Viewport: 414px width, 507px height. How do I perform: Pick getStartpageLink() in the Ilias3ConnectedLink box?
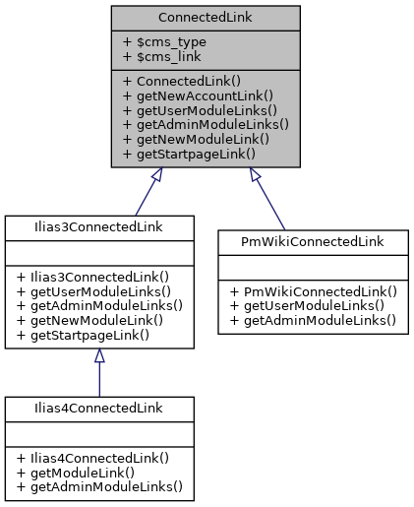[x=83, y=335]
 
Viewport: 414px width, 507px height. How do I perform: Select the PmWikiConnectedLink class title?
[x=312, y=241]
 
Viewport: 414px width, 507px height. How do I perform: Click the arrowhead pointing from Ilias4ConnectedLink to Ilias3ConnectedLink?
[x=98, y=357]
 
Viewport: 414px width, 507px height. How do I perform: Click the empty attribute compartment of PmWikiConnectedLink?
[x=312, y=266]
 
